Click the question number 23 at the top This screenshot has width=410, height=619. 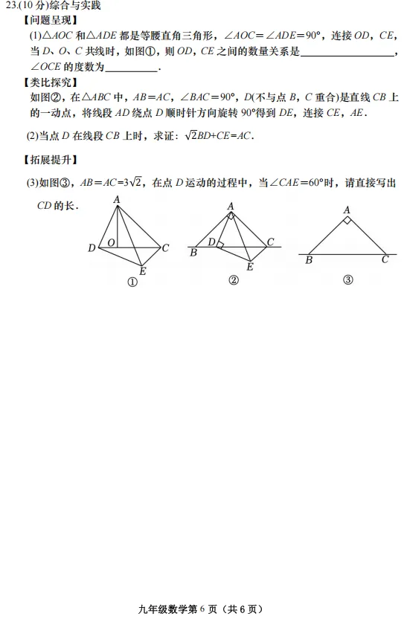click(x=10, y=6)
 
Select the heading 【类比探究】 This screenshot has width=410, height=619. click(x=50, y=82)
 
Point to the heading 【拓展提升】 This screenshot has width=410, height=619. click(x=50, y=159)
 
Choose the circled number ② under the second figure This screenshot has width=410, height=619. click(x=233, y=279)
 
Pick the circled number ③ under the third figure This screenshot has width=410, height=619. click(x=347, y=280)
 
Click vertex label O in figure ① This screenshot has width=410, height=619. click(x=110, y=242)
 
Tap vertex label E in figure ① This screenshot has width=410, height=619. click(x=142, y=271)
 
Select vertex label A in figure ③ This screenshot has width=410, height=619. click(x=347, y=210)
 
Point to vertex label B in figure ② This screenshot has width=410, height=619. click(x=193, y=253)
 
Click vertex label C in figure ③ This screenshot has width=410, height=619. click(x=385, y=260)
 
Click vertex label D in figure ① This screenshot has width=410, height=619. click(x=92, y=247)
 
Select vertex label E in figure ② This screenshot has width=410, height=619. click(x=250, y=266)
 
